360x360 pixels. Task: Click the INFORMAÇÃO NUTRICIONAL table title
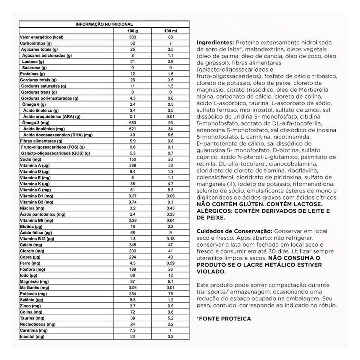click(104, 24)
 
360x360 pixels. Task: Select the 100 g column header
click(132, 31)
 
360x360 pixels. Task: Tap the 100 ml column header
click(170, 31)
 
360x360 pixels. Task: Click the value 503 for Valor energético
click(132, 37)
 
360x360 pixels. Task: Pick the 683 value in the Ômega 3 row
click(132, 123)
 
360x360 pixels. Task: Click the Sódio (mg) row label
click(30, 159)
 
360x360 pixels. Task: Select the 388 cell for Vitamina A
click(132, 166)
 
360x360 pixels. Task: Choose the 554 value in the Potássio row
click(132, 294)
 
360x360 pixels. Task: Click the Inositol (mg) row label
click(32, 337)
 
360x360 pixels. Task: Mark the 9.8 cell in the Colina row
click(170, 312)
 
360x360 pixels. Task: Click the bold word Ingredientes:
click(215, 43)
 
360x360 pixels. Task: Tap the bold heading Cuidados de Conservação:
click(234, 231)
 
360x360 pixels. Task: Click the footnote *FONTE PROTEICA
click(223, 319)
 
